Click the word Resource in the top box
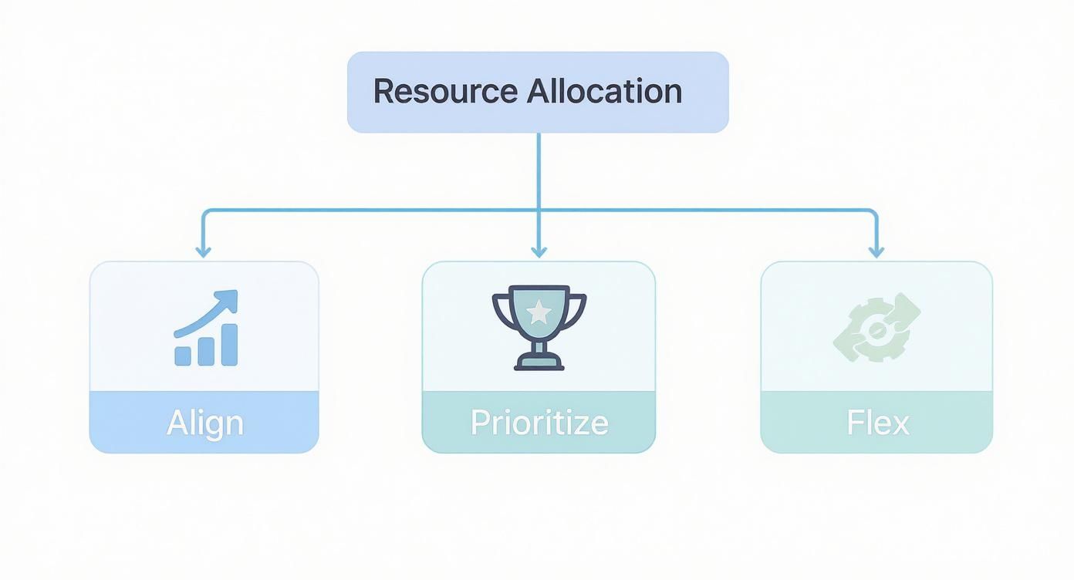(x=444, y=91)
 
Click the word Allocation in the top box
(x=605, y=91)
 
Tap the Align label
(x=204, y=423)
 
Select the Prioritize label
(x=539, y=423)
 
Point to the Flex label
(x=877, y=423)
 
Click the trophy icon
(x=539, y=328)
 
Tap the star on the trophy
(x=539, y=312)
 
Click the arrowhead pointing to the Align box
(x=203, y=251)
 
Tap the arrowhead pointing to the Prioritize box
(x=539, y=251)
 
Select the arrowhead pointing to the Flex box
(x=876, y=251)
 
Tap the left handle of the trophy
(x=501, y=309)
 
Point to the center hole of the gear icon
(x=876, y=331)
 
